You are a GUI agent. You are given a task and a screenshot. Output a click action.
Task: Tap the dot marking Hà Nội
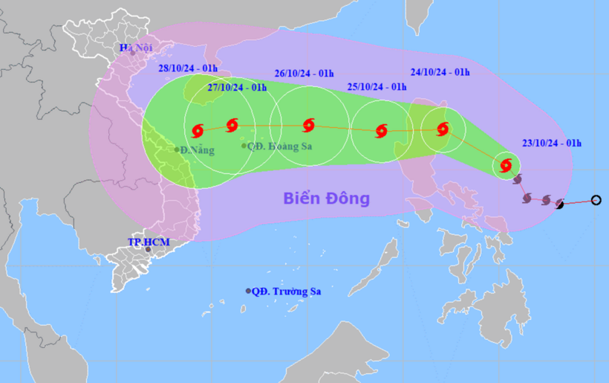pos(133,53)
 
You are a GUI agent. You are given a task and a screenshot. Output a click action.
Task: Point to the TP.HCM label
pos(149,242)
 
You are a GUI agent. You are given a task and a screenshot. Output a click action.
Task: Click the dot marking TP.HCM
pos(149,250)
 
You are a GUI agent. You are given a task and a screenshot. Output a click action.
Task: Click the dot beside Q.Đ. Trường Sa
pos(248,291)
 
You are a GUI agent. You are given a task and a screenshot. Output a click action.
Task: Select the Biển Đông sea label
pos(326,199)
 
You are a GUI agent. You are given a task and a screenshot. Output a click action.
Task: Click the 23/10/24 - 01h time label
pos(551,144)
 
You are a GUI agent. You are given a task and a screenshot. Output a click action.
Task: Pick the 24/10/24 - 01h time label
pos(440,72)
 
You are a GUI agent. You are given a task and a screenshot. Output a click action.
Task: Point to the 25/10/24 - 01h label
pos(377,87)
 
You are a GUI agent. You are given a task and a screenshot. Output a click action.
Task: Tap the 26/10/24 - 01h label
pos(304,74)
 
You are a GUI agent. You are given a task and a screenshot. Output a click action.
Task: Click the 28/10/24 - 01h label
pos(188,68)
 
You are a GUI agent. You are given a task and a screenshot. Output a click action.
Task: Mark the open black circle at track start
pos(596,199)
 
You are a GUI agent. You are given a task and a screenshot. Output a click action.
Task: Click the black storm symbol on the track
pos(560,204)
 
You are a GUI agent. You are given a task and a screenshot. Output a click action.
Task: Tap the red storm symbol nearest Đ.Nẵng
pos(198,131)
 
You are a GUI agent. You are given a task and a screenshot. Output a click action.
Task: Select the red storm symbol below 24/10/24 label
pos(443,129)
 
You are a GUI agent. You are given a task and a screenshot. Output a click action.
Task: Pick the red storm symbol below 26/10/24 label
pos(308,125)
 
